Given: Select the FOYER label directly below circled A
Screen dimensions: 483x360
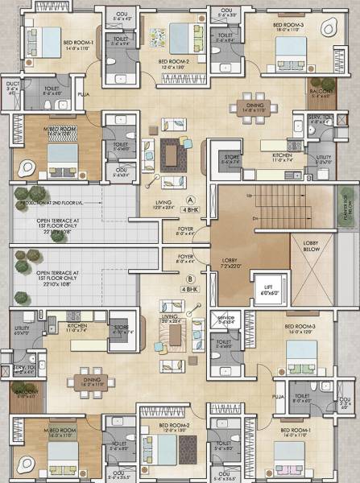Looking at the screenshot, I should tap(185, 230).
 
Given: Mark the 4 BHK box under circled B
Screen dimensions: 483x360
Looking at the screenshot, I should tap(191, 288).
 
